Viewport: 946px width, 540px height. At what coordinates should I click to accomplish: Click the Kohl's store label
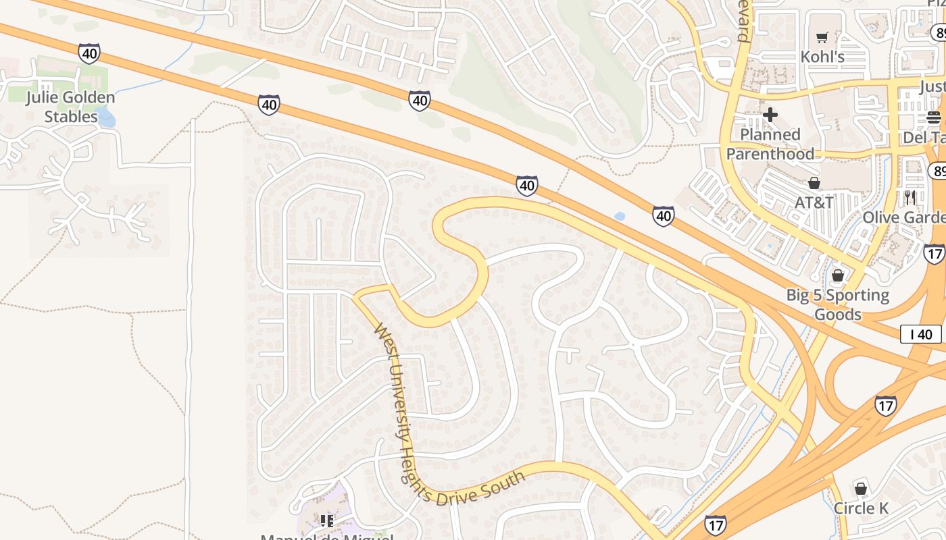click(822, 57)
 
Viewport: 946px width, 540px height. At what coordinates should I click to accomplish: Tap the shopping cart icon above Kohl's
click(822, 38)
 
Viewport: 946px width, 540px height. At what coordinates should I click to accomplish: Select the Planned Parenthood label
click(770, 144)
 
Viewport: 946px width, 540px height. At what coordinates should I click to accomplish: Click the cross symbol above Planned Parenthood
click(770, 115)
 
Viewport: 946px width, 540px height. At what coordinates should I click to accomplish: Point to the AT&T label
click(814, 202)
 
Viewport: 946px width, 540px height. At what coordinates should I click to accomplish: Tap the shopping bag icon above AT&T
click(814, 183)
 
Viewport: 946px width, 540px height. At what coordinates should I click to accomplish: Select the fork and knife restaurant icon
click(910, 197)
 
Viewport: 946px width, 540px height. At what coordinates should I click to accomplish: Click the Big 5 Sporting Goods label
click(838, 304)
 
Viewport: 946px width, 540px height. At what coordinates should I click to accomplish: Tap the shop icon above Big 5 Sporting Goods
click(838, 275)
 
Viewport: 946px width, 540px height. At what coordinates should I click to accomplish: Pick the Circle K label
click(861, 508)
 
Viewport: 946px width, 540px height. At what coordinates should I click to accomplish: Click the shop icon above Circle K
click(861, 488)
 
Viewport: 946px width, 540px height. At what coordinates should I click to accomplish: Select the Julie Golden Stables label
click(71, 107)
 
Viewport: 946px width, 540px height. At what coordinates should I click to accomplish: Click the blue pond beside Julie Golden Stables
click(106, 119)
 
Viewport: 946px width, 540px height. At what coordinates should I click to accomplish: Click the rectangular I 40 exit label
click(920, 333)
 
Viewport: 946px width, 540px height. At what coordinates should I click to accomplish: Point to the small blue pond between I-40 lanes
click(620, 217)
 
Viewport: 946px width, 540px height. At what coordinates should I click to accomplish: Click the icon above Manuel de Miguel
click(327, 520)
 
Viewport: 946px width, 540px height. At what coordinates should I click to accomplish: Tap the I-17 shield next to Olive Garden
click(935, 253)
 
